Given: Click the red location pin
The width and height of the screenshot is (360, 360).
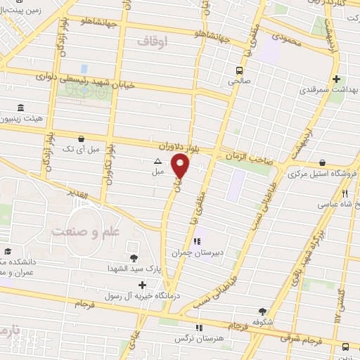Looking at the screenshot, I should pos(181,167).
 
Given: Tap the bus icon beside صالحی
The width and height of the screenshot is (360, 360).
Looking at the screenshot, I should pos(240,70).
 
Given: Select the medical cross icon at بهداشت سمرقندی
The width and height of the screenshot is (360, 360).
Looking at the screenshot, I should pos(337,79).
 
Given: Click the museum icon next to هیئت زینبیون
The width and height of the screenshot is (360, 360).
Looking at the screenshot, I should pos(20,108).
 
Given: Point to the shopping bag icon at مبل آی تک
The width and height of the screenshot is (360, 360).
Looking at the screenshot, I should pos(84,139).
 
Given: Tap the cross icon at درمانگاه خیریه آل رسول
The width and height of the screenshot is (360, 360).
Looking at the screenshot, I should pos(143,285).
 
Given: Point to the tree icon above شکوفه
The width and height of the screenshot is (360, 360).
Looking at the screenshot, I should pos(263,311).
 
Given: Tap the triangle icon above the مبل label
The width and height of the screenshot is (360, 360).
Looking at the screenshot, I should pos(157,161).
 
